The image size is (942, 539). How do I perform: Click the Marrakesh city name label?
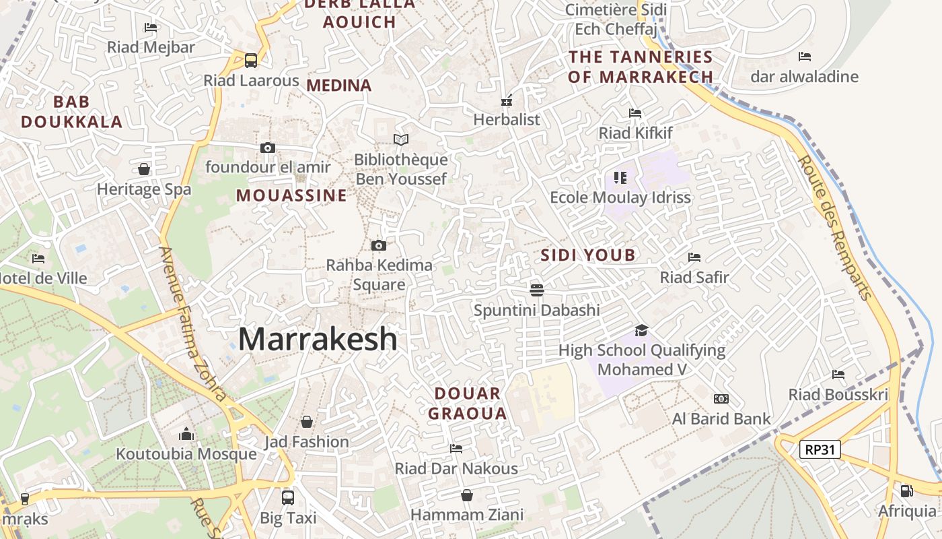pos(318,339)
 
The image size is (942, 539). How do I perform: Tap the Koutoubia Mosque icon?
pos(186,435)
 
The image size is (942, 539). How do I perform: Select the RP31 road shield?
pos(820,449)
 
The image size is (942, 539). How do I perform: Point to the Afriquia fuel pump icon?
pos(906,491)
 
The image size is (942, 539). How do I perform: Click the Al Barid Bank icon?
pos(721,399)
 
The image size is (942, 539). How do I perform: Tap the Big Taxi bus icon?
pos(288,497)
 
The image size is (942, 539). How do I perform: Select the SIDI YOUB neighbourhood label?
pos(588,255)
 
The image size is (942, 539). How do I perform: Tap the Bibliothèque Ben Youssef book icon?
pos(401,139)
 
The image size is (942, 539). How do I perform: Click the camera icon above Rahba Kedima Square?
pos(379,245)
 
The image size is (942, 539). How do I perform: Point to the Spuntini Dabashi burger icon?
pos(536,290)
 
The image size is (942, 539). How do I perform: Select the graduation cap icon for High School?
pos(641,330)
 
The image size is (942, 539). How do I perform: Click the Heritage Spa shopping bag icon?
pos(144,168)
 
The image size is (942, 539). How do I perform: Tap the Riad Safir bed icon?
pos(694,257)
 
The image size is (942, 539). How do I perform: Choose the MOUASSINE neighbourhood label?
pos(291,196)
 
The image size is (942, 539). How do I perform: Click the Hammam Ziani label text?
pos(467,515)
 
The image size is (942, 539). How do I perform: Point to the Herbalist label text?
pos(507,120)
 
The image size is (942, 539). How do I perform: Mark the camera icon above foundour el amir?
pos(267,148)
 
